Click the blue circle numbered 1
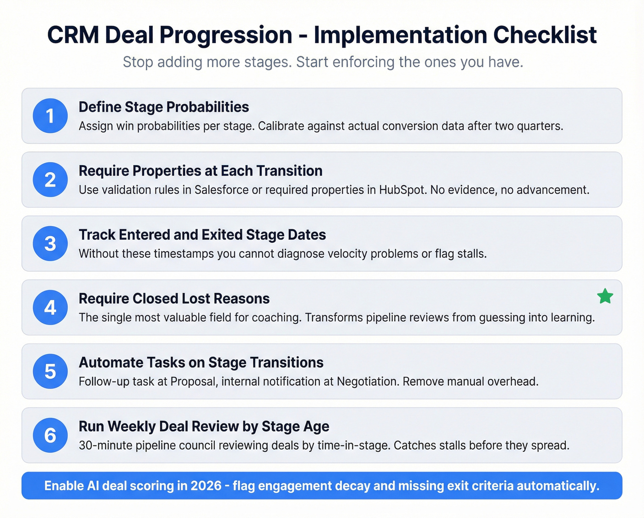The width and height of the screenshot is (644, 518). click(x=50, y=116)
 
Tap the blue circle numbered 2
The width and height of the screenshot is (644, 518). click(x=50, y=180)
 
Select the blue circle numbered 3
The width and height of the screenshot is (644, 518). click(x=50, y=244)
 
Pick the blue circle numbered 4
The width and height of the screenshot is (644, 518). click(x=50, y=307)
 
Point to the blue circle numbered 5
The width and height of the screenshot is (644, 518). click(x=50, y=371)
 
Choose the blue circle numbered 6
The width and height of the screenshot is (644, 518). click(x=50, y=435)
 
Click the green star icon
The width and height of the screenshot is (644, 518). click(x=605, y=296)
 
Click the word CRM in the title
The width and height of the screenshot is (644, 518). click(x=73, y=35)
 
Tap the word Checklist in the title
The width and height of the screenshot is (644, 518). click(x=545, y=35)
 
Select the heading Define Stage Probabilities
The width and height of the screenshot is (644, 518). click(x=164, y=107)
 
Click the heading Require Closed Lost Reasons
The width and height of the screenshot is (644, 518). click(x=174, y=299)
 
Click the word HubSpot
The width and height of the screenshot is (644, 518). click(x=402, y=190)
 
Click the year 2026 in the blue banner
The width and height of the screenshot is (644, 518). click(x=206, y=486)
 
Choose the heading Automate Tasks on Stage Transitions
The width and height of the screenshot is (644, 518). click(x=201, y=363)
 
